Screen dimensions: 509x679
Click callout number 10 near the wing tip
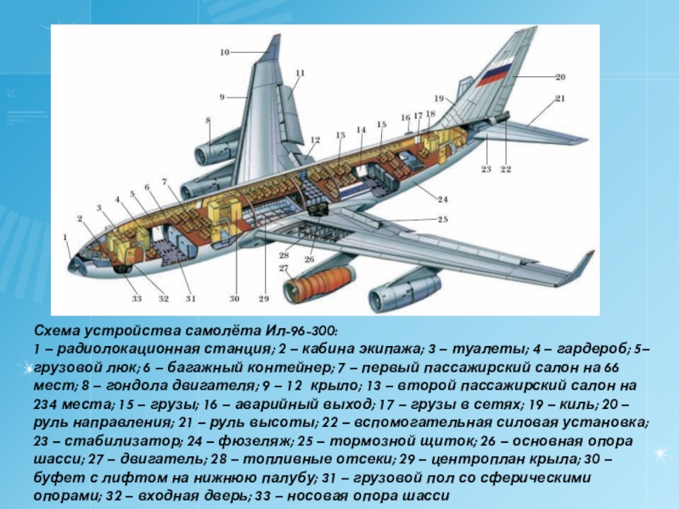(x=225, y=53)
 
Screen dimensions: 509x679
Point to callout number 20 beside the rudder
(x=560, y=78)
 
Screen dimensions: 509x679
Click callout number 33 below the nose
(x=136, y=299)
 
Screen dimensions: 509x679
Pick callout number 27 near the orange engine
(x=283, y=268)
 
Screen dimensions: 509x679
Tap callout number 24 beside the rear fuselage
(x=443, y=199)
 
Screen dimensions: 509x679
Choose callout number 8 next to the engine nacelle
(x=208, y=120)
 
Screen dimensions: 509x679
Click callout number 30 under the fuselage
(x=234, y=299)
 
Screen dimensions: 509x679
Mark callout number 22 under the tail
(x=506, y=170)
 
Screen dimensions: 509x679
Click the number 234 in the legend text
(x=51, y=404)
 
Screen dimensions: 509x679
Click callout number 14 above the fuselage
(x=361, y=130)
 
